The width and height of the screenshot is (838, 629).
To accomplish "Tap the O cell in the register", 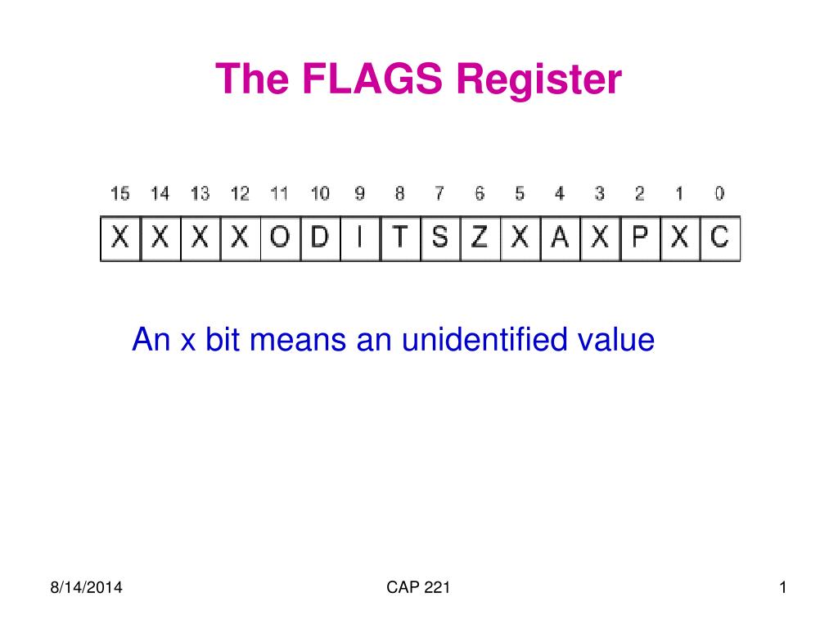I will (x=280, y=238).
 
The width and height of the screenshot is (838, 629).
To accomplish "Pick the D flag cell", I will (x=320, y=238).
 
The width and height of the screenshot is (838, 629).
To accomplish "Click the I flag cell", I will (x=360, y=238).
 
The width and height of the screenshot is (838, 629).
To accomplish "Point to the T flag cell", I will (x=400, y=238).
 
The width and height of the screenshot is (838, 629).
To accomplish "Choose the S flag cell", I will (x=440, y=238).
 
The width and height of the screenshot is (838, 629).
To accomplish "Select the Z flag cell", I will (x=480, y=238).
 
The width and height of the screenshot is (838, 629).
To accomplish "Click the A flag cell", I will (x=560, y=238).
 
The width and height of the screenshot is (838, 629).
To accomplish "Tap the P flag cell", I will (x=640, y=238).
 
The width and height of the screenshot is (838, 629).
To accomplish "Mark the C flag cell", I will (x=719, y=238).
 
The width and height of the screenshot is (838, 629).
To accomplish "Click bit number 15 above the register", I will (x=119, y=194).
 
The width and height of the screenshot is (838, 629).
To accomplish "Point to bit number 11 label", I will (x=280, y=194).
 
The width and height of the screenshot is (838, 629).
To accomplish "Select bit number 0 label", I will (x=719, y=194).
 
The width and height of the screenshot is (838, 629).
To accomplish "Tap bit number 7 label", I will (x=439, y=194).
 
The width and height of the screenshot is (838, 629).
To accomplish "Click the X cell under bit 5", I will (x=520, y=238).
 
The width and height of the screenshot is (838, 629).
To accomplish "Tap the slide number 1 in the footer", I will (x=782, y=588).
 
